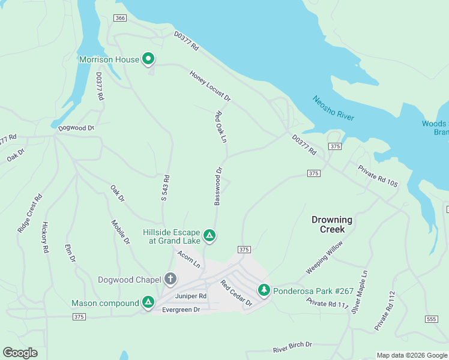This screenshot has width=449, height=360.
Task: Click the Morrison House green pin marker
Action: [149, 59]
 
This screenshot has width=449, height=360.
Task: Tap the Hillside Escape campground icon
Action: [209, 235]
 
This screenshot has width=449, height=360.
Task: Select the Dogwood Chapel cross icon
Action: [170, 279]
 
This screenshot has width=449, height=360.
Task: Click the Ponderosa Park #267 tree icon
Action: [264, 290]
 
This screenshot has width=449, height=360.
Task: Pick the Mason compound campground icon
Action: [148, 303]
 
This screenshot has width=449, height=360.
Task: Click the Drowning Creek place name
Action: [332, 224]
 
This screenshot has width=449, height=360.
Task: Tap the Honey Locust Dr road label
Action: [210, 86]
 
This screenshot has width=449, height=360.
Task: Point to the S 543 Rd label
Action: [165, 196]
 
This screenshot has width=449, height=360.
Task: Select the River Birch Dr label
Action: [292, 346]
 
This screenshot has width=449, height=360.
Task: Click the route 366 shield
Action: [121, 19]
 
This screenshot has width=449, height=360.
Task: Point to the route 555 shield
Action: [430, 319]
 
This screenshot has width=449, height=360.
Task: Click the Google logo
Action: [20, 352]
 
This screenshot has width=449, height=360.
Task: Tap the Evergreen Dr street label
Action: [181, 310]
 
